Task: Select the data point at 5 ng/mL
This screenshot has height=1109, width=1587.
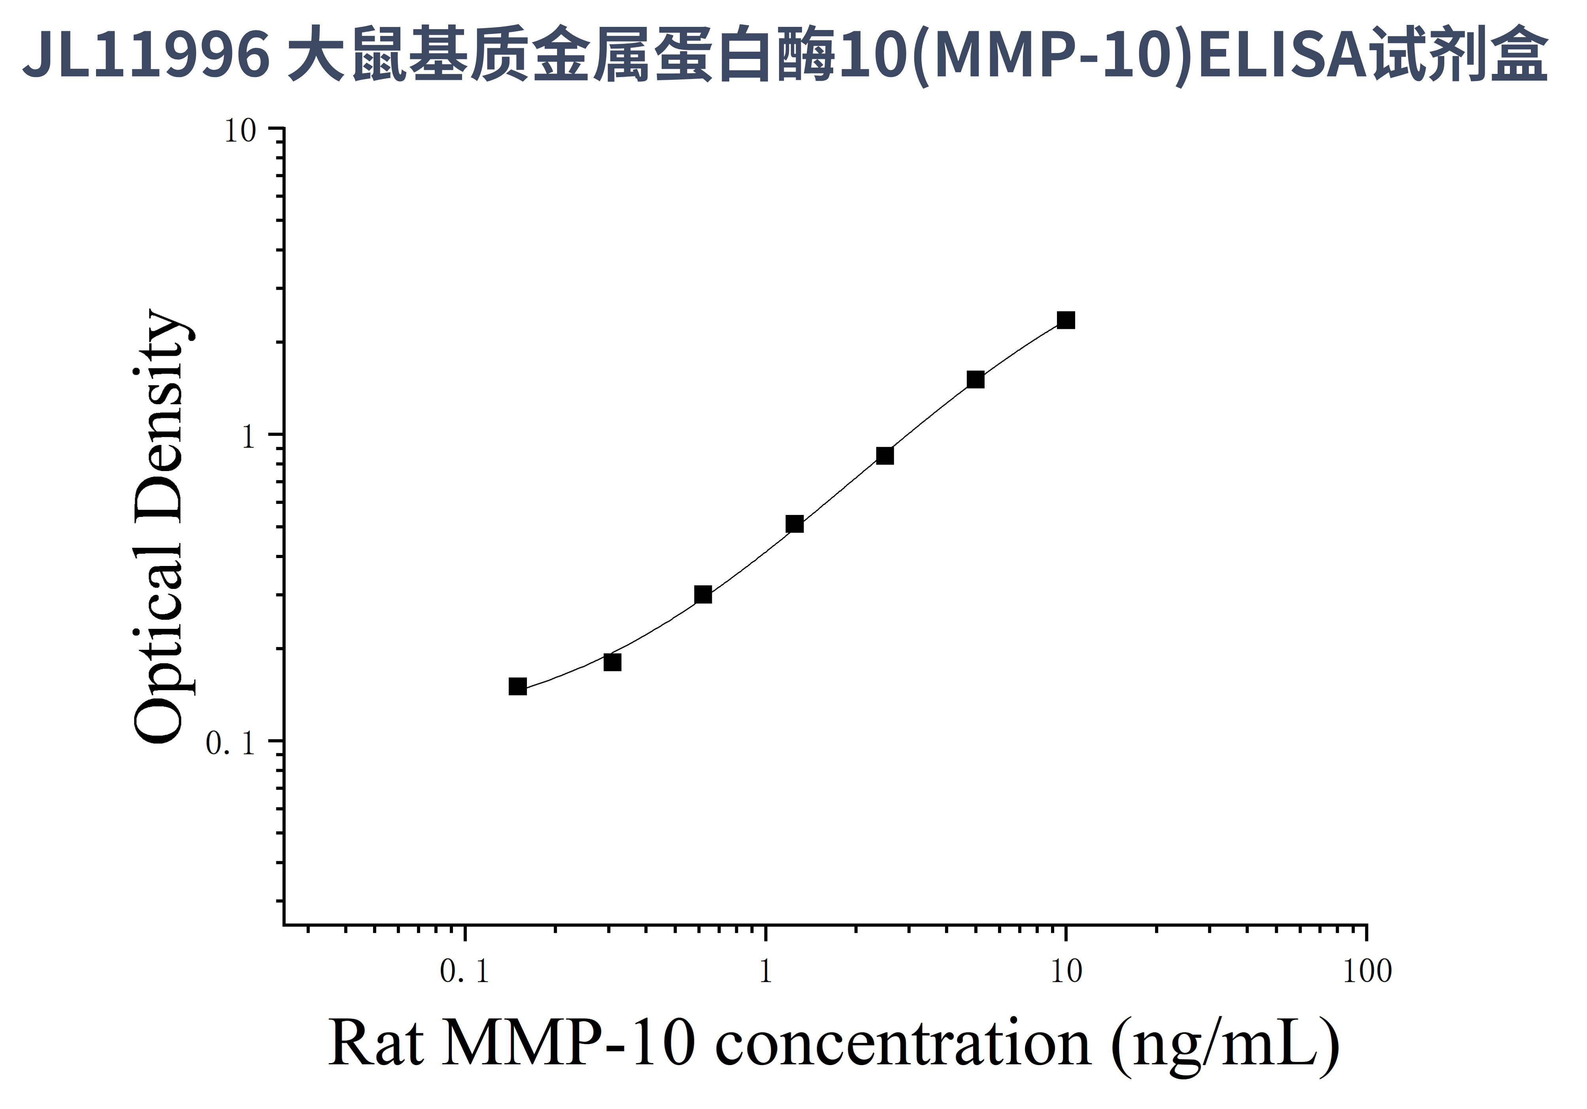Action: [975, 379]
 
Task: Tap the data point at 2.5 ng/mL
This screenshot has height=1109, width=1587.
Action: [885, 455]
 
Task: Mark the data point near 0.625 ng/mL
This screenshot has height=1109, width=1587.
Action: [703, 595]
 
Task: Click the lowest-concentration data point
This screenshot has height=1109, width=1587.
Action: [518, 686]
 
